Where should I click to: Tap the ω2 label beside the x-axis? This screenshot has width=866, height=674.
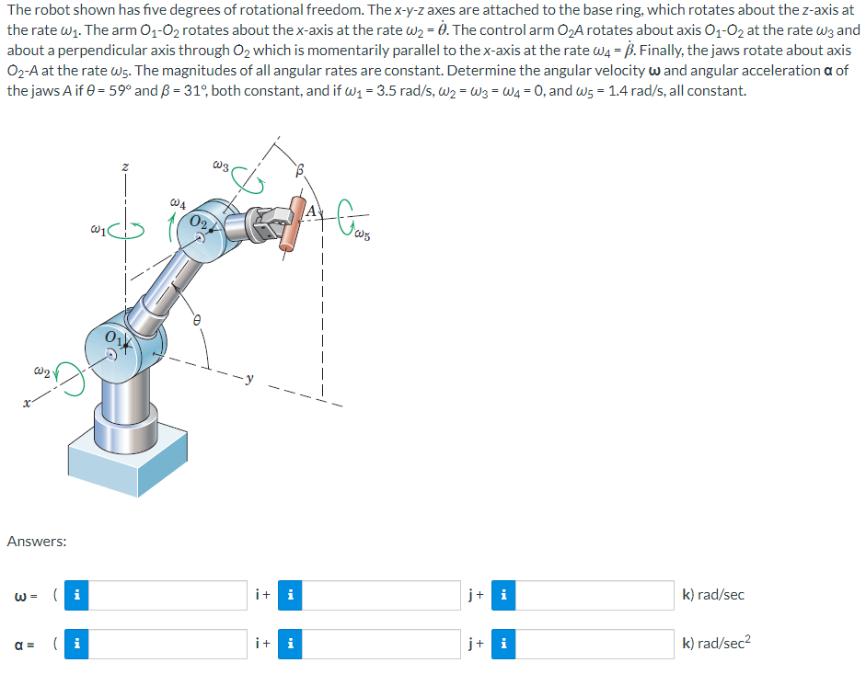(x=40, y=371)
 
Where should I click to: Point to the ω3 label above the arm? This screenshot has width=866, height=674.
(x=220, y=166)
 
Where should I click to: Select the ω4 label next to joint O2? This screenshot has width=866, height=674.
(x=180, y=201)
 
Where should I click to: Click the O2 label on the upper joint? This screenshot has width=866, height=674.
(x=198, y=222)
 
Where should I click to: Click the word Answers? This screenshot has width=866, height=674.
(x=36, y=542)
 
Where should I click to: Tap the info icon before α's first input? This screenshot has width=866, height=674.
(x=79, y=644)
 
